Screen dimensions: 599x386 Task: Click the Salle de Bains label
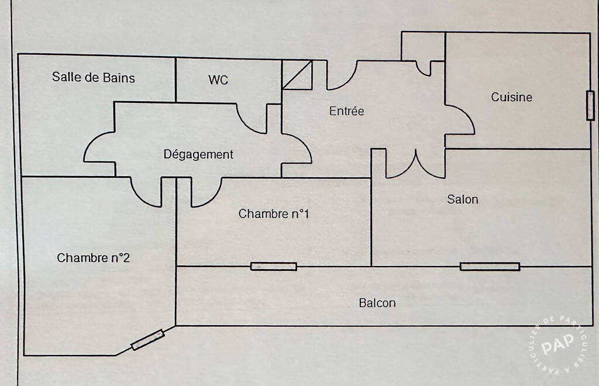tap(94, 78)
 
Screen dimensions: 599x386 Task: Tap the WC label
tap(218, 80)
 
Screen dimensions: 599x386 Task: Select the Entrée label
tap(346, 111)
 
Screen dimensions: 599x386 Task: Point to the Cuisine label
tap(511, 97)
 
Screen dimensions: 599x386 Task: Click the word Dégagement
tap(198, 154)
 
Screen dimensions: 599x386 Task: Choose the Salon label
tap(463, 199)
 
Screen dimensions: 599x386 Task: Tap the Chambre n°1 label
tap(274, 213)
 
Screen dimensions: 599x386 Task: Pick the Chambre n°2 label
tap(94, 258)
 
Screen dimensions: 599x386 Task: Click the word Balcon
tap(377, 303)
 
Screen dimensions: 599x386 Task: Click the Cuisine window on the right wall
tap(591, 106)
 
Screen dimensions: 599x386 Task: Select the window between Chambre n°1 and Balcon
tap(274, 267)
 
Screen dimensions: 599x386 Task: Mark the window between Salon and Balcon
tap(490, 267)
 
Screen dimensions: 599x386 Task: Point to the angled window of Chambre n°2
tap(147, 339)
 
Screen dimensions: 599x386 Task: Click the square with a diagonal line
tap(297, 75)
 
